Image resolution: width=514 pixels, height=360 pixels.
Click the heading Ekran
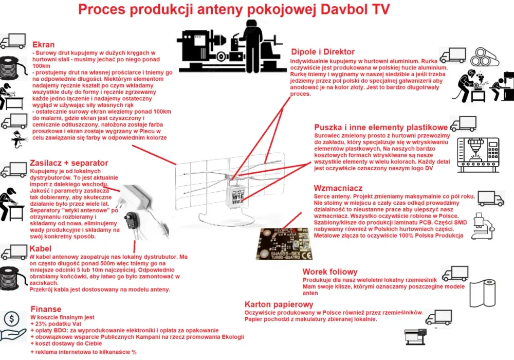(43, 45)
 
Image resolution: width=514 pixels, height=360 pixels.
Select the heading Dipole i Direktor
(323, 52)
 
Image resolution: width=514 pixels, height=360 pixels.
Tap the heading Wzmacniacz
(338, 188)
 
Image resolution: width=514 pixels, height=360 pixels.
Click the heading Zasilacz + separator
(69, 163)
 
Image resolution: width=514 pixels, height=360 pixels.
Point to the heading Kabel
(40, 248)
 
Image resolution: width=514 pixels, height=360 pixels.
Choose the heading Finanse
(46, 309)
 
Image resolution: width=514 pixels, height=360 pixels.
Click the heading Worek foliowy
(330, 272)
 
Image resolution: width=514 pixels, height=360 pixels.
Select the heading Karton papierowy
(279, 304)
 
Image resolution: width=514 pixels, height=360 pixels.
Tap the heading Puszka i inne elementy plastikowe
(381, 128)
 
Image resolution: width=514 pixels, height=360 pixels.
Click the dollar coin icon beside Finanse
(12, 319)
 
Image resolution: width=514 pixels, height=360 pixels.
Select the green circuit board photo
(284, 243)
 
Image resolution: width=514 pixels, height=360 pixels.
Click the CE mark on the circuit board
(306, 255)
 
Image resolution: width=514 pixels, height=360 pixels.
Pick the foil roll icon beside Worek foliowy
(483, 293)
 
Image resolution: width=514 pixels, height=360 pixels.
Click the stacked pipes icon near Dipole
(485, 57)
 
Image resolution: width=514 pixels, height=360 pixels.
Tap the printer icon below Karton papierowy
(416, 337)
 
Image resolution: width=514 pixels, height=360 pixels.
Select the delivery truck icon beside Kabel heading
(14, 253)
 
